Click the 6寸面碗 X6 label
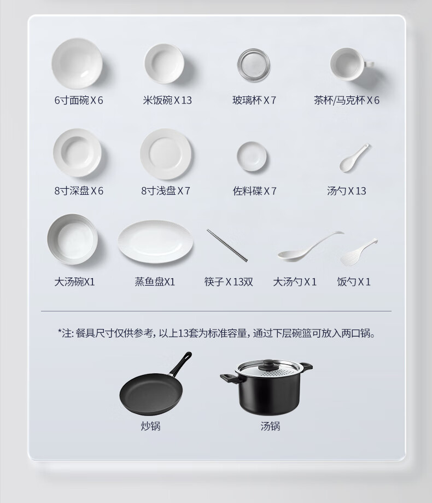tap(79, 100)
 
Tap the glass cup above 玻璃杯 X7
tap(254, 65)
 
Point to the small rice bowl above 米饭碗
tap(164, 63)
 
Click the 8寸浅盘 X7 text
tap(166, 191)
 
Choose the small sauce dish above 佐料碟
tap(252, 156)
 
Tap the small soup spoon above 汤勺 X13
tap(354, 158)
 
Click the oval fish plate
tap(155, 241)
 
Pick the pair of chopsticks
tap(227, 245)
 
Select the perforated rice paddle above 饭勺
tap(359, 252)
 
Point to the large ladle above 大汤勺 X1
tap(310, 246)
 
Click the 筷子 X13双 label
tap(229, 282)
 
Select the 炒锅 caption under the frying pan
tap(150, 426)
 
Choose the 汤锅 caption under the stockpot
tap(270, 426)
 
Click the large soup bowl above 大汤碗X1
tap(73, 239)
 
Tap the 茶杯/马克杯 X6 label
tap(347, 100)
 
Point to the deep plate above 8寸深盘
tap(78, 153)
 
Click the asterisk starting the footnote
tap(60, 331)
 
